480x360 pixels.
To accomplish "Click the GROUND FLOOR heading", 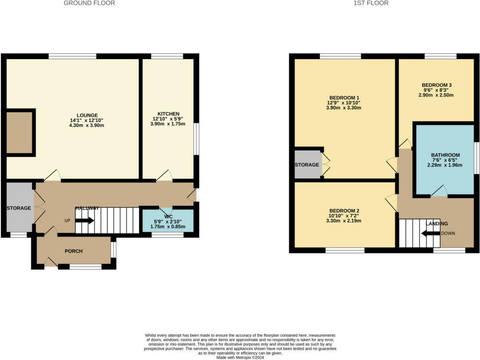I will [x=89, y=3].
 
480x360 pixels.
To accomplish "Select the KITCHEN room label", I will [x=168, y=114].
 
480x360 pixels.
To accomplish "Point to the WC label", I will [x=168, y=217].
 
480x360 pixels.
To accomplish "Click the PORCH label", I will [x=74, y=251].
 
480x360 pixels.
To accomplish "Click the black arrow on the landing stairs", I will [x=430, y=233].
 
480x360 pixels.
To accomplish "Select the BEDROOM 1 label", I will [x=344, y=97].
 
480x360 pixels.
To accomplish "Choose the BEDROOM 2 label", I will [x=344, y=210].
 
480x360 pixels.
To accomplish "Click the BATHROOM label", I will [x=445, y=155].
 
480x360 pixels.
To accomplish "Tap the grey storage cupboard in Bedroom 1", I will [x=307, y=165].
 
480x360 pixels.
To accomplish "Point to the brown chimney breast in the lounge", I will [x=19, y=133].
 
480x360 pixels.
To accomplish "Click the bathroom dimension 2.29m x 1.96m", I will [x=445, y=165].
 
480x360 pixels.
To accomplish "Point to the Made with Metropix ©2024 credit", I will [x=240, y=358].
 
